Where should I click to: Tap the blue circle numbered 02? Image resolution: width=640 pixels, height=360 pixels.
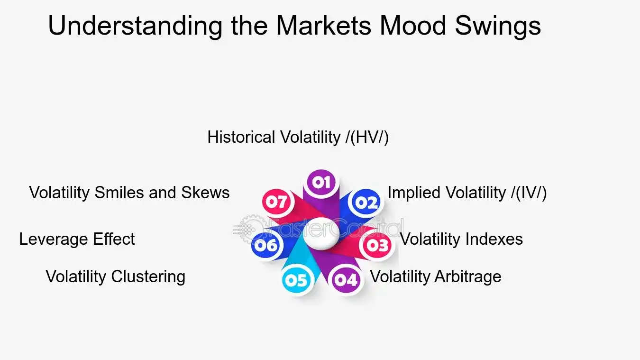[366, 203]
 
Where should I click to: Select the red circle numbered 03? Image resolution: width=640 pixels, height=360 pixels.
[377, 245]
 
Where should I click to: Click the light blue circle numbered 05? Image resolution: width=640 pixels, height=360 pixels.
[297, 280]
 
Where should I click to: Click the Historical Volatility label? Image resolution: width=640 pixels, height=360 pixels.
[298, 138]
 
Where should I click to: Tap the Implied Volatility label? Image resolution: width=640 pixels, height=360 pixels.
[467, 193]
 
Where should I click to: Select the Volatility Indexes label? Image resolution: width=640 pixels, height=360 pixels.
[461, 239]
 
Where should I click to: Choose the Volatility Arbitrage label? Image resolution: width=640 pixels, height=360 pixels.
[435, 277]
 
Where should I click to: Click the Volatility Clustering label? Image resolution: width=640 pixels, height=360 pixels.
[115, 277]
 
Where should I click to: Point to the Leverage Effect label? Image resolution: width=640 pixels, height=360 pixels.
[77, 239]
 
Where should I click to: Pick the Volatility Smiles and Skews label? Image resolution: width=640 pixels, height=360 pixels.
[129, 193]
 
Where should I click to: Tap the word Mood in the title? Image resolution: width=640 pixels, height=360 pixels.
[412, 26]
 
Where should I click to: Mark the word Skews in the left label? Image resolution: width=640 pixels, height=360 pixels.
[205, 193]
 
